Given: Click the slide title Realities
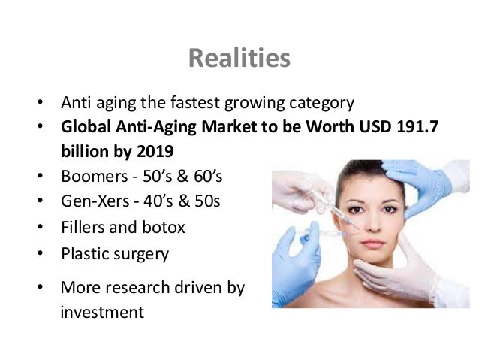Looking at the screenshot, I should [239, 58].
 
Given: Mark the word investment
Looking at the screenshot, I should [101, 310].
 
